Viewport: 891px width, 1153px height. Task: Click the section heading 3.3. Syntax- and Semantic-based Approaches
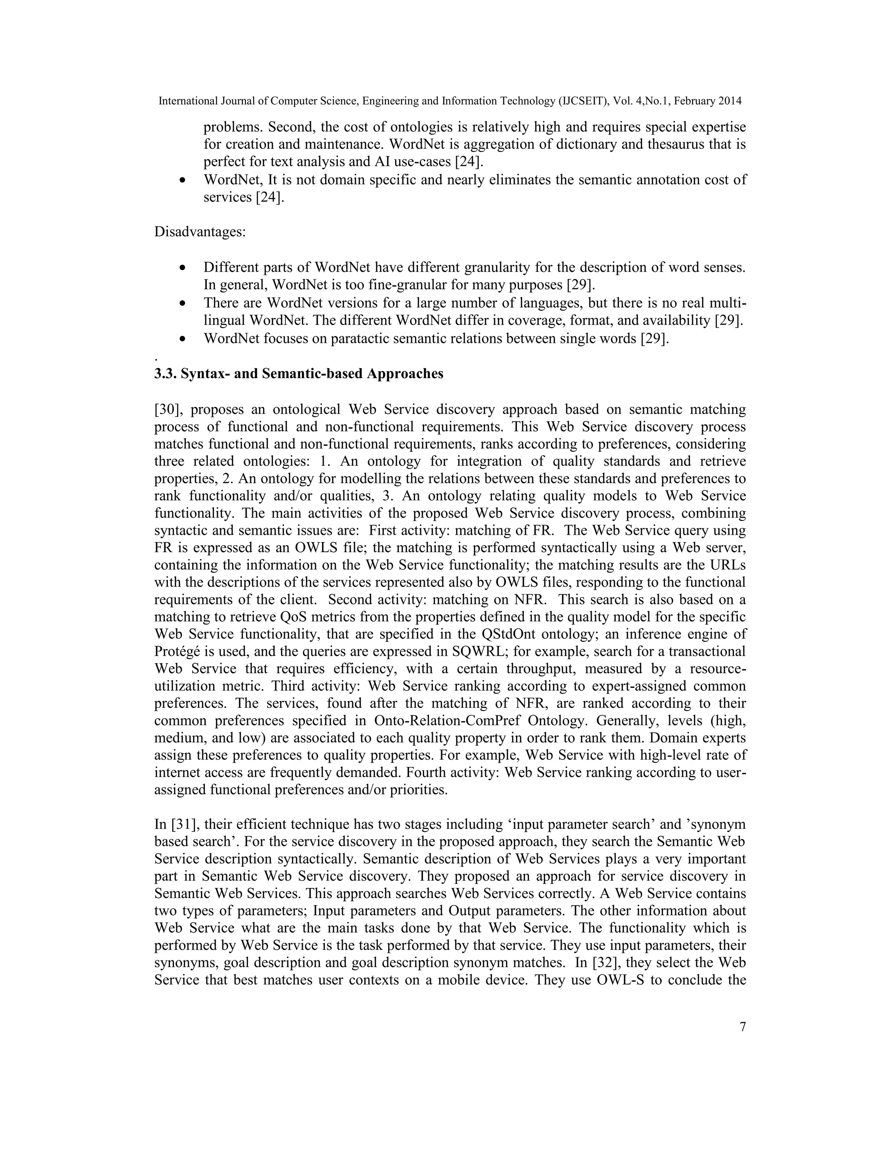(299, 374)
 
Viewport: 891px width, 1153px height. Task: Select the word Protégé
(176, 651)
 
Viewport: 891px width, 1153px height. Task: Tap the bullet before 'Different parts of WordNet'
(183, 268)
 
